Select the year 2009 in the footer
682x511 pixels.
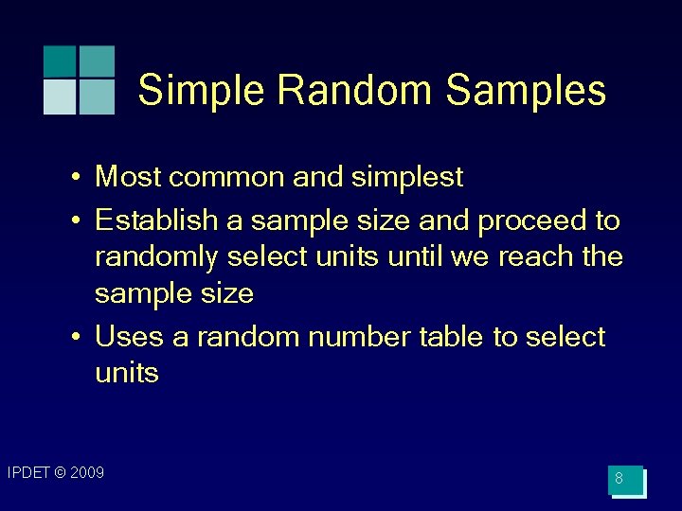(x=86, y=472)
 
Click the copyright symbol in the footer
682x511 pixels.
(x=61, y=472)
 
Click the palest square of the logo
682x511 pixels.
(x=60, y=97)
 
